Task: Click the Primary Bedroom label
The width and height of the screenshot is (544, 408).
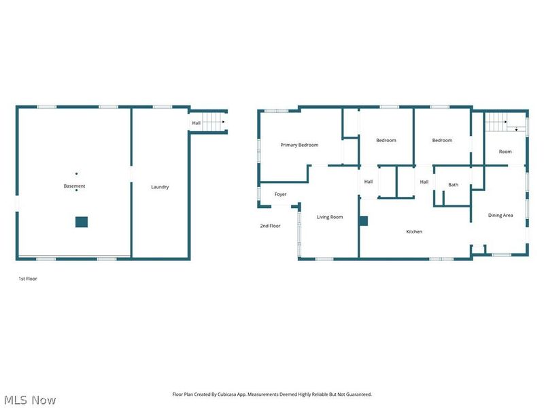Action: (x=299, y=145)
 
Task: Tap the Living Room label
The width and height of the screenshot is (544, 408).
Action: (x=330, y=217)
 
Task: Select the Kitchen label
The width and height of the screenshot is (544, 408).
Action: (x=414, y=231)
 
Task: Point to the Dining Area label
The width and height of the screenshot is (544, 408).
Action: (x=500, y=215)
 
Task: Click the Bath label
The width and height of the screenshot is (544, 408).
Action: (x=453, y=184)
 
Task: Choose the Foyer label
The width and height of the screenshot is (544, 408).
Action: (x=280, y=194)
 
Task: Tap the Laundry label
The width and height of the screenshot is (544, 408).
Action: (x=160, y=187)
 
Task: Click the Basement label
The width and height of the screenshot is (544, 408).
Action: (x=74, y=186)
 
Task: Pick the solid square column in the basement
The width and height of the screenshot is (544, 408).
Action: (x=82, y=222)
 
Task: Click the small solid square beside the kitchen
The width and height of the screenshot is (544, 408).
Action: (x=363, y=221)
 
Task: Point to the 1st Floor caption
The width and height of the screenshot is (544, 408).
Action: (x=28, y=279)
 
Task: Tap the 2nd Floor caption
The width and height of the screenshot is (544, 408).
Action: (x=270, y=226)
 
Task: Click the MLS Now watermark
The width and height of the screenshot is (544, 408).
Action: (x=30, y=400)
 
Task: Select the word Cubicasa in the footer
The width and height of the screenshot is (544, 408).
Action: (x=228, y=394)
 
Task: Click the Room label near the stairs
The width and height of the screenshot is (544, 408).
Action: (x=505, y=152)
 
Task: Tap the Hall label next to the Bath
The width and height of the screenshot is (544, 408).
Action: (x=424, y=182)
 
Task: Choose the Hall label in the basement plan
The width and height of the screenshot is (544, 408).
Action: (x=197, y=123)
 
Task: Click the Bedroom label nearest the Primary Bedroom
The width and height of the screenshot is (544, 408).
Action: (x=386, y=140)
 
